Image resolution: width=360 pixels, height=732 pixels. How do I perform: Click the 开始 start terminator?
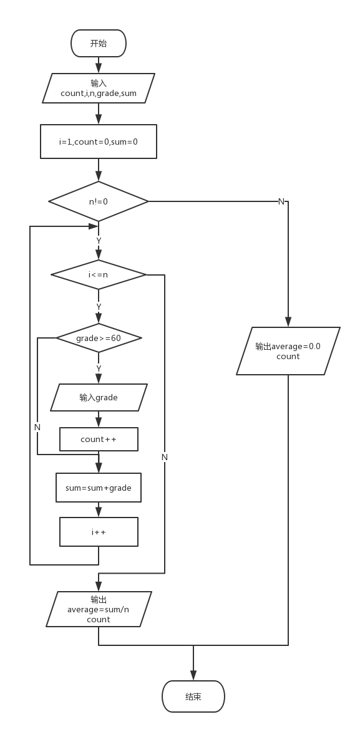point(99,44)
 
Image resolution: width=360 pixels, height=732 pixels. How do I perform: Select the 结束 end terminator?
point(193,696)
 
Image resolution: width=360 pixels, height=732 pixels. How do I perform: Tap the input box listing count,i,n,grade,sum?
point(99,89)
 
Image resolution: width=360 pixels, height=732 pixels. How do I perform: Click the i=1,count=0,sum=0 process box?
point(99,142)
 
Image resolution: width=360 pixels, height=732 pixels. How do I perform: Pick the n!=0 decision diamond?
point(99,201)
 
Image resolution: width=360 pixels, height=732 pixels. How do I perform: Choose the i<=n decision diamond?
point(99,274)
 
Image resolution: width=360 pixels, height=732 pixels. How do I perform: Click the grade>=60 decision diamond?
point(99,338)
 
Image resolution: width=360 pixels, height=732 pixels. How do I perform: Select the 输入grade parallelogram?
point(99,397)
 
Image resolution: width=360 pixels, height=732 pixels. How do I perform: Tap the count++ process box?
point(99,440)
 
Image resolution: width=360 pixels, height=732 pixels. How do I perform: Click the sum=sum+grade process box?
point(99,488)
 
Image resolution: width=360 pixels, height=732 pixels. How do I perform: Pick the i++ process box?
point(99,532)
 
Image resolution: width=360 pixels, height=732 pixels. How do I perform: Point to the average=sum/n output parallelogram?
point(99,609)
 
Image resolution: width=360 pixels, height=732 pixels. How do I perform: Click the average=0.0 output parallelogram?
point(288,351)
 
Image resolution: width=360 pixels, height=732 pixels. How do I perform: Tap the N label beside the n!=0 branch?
point(281,201)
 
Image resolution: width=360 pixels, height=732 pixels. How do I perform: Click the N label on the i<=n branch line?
point(164,458)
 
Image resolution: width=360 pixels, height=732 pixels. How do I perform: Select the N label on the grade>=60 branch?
point(37,427)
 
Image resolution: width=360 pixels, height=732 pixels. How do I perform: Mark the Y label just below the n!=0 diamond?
point(99,241)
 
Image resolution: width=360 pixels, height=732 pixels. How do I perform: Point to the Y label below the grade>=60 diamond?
point(99,368)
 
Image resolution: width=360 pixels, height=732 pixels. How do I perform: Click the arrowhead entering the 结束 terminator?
point(193,675)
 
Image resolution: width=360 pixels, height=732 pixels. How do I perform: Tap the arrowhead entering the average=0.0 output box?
point(288,322)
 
